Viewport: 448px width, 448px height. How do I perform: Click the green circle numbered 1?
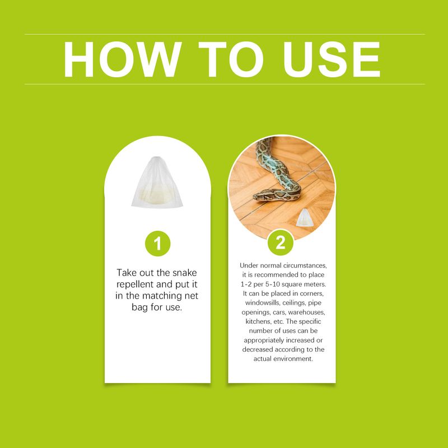point(157,244)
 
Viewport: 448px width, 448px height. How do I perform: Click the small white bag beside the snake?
point(304,218)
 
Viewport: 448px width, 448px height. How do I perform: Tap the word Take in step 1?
point(128,273)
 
